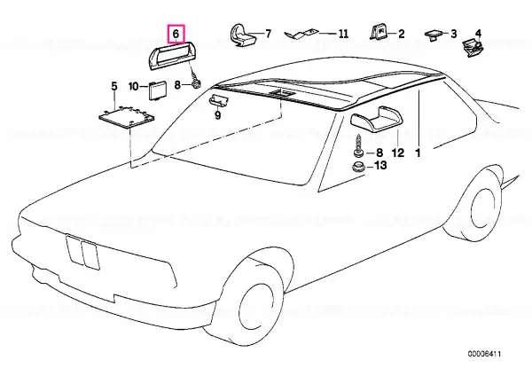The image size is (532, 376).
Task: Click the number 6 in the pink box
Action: pyautogui.click(x=176, y=34)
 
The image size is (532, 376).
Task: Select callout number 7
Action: pyautogui.click(x=268, y=34)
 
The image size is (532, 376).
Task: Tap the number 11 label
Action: pyautogui.click(x=343, y=34)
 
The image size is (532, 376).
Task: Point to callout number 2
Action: pyautogui.click(x=402, y=34)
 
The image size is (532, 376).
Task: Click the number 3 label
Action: pyautogui.click(x=454, y=34)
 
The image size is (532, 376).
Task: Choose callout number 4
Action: pyautogui.click(x=478, y=34)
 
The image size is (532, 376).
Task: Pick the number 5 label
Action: pyautogui.click(x=114, y=86)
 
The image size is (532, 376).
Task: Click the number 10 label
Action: pyautogui.click(x=134, y=87)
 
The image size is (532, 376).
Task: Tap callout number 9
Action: pyautogui.click(x=217, y=115)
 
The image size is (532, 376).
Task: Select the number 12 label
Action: pyautogui.click(x=398, y=153)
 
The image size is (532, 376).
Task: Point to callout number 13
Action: pyautogui.click(x=380, y=166)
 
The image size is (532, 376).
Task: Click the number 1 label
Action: pyautogui.click(x=418, y=153)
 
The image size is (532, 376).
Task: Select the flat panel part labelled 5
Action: pyautogui.click(x=126, y=117)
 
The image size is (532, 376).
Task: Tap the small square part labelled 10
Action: pyautogui.click(x=158, y=90)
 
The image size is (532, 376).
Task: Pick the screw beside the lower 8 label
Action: pyautogui.click(x=358, y=146)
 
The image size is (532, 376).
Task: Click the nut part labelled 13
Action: pyautogui.click(x=358, y=168)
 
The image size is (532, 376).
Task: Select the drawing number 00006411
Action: pyautogui.click(x=484, y=354)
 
